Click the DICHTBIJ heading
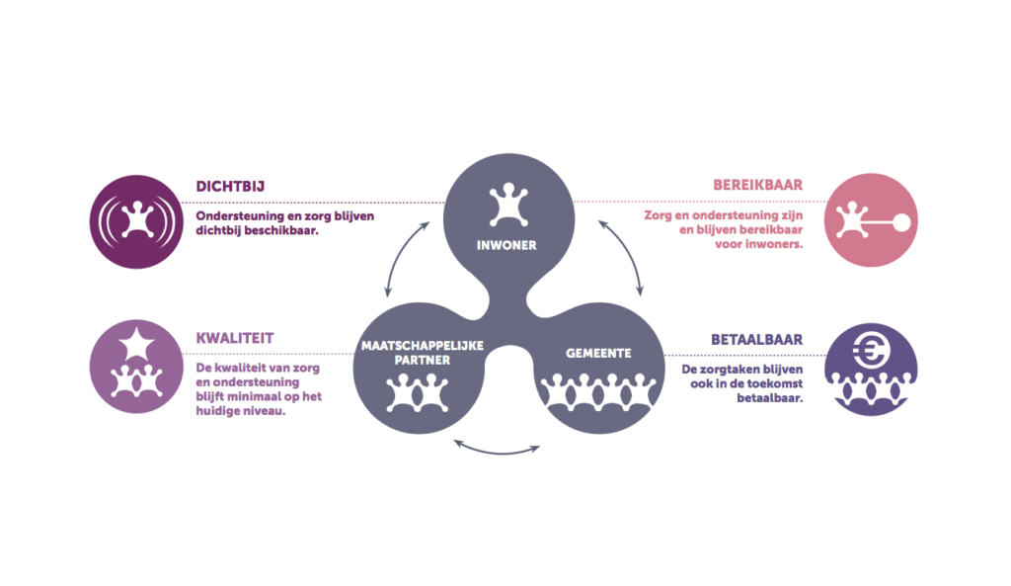point(230,187)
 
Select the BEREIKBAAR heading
point(757,185)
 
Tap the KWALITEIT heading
point(235,338)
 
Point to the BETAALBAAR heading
point(757,340)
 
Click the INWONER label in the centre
point(506,245)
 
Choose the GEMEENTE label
point(598,353)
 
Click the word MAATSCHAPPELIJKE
point(423,345)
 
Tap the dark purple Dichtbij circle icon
point(136,222)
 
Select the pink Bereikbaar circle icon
point(871,220)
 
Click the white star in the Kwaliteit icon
point(136,343)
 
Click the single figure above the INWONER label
point(508,205)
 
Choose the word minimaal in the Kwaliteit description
point(254,396)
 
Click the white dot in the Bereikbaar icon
point(900,222)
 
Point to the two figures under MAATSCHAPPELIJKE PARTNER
point(418,392)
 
